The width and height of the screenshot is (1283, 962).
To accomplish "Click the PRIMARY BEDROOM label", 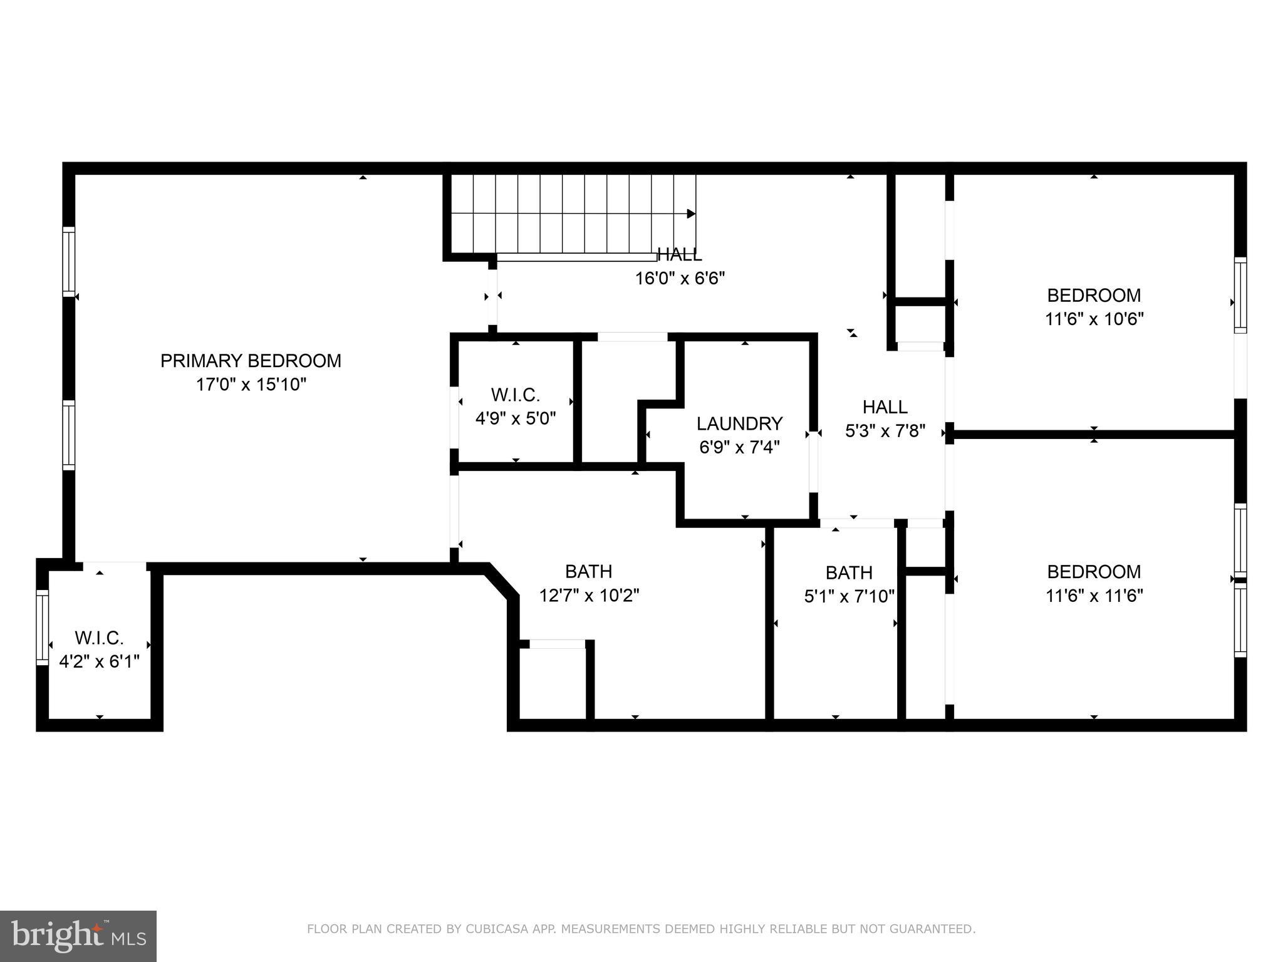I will point(251,361).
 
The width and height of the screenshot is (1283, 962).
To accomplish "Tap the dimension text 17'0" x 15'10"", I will point(251,385).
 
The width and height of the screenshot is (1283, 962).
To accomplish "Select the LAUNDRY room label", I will point(739,424).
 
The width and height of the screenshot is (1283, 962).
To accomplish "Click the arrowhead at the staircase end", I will point(691,214).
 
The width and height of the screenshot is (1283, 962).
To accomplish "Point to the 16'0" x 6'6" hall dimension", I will point(680,278).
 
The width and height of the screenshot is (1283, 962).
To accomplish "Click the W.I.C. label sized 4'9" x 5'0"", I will point(515,395).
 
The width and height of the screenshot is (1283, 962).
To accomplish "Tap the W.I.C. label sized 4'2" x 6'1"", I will point(99,638).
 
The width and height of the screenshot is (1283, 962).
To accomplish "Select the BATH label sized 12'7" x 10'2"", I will point(588,571).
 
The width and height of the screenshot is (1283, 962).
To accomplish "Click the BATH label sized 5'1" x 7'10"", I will point(849,572).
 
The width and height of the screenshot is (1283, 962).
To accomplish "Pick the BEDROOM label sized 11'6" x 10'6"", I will point(1094,295).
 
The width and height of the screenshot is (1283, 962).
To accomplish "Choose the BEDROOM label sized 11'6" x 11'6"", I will point(1094,572).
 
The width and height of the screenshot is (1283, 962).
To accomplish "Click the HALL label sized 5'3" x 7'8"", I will point(885,407).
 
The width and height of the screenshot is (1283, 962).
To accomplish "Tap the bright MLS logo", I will point(78,936).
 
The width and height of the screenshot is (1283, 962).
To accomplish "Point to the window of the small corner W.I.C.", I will point(42,627).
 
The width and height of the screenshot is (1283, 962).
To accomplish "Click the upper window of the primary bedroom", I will point(69,261).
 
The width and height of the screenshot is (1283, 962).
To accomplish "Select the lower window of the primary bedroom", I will point(69,435).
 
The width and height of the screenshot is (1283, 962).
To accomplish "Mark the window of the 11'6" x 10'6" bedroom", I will point(1240,294).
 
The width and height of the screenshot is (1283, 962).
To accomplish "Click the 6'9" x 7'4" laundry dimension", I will point(739,448).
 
